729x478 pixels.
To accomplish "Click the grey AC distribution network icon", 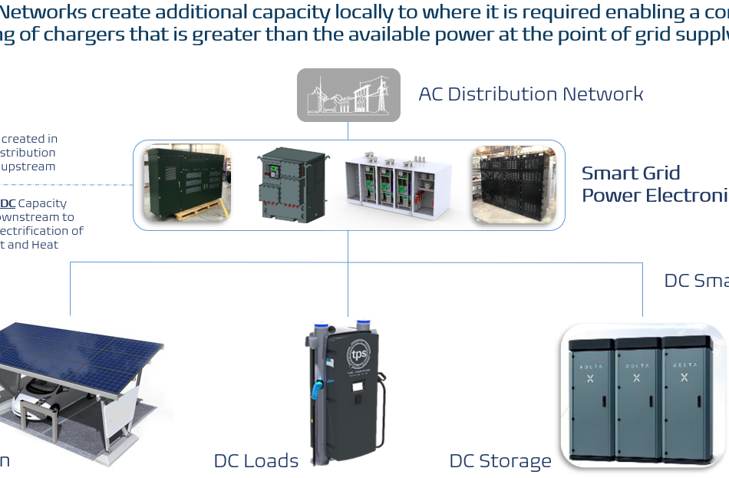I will (x=348, y=95).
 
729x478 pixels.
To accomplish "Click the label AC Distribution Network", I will (x=530, y=94).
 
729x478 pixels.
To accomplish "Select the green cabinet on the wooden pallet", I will (x=186, y=183).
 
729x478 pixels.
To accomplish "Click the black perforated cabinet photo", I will (x=512, y=184).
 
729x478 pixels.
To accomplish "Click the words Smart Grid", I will (x=631, y=173).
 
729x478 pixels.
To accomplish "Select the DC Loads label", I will (x=256, y=460).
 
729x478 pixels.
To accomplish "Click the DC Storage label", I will (x=500, y=460).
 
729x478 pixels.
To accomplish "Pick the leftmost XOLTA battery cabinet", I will (x=592, y=399).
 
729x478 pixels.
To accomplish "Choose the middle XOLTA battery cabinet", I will (x=638, y=399).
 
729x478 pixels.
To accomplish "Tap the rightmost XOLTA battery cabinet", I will (x=685, y=399).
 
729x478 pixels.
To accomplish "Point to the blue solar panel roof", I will (x=77, y=349).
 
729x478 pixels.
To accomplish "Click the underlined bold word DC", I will (x=8, y=203).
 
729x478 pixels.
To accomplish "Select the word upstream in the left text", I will (x=29, y=166).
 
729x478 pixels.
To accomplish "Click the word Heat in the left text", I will (x=45, y=245).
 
